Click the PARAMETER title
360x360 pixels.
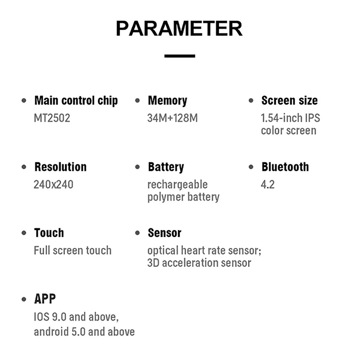179,28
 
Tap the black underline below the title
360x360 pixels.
180,56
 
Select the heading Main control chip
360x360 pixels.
76,101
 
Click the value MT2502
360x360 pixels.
52,118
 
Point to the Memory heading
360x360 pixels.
167,101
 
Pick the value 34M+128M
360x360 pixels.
172,118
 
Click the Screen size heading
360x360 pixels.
289,100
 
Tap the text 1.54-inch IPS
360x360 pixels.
290,118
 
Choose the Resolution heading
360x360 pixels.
61,167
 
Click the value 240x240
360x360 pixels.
54,184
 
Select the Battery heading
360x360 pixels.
166,167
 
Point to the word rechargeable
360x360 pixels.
177,185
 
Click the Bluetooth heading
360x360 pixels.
285,167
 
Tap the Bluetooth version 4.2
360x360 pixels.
268,184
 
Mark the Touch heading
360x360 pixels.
49,233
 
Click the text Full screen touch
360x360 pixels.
73,250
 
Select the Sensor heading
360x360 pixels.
165,233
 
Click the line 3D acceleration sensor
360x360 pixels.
199,263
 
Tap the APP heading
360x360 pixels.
45,299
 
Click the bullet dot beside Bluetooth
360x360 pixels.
251,167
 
